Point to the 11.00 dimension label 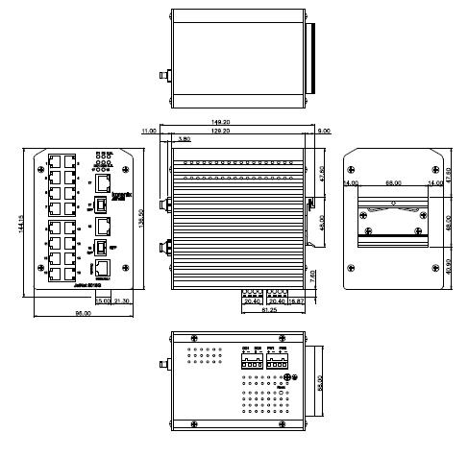[149, 131]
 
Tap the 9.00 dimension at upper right [323, 131]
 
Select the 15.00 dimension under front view [103, 302]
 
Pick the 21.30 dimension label [122, 302]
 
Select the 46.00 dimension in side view [324, 220]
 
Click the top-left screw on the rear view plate [353, 159]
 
